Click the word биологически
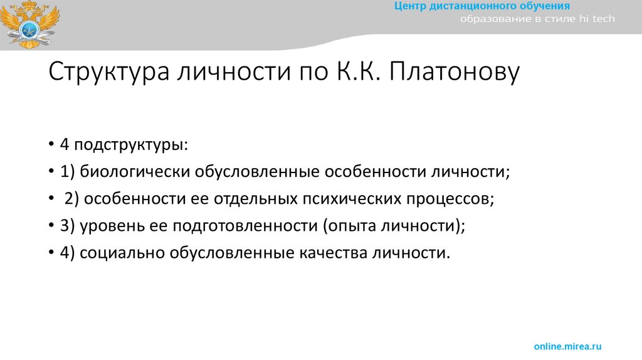135,172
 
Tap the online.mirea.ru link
567,346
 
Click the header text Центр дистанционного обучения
482,6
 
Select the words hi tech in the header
596,19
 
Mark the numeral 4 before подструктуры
65,146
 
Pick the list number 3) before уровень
68,226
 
